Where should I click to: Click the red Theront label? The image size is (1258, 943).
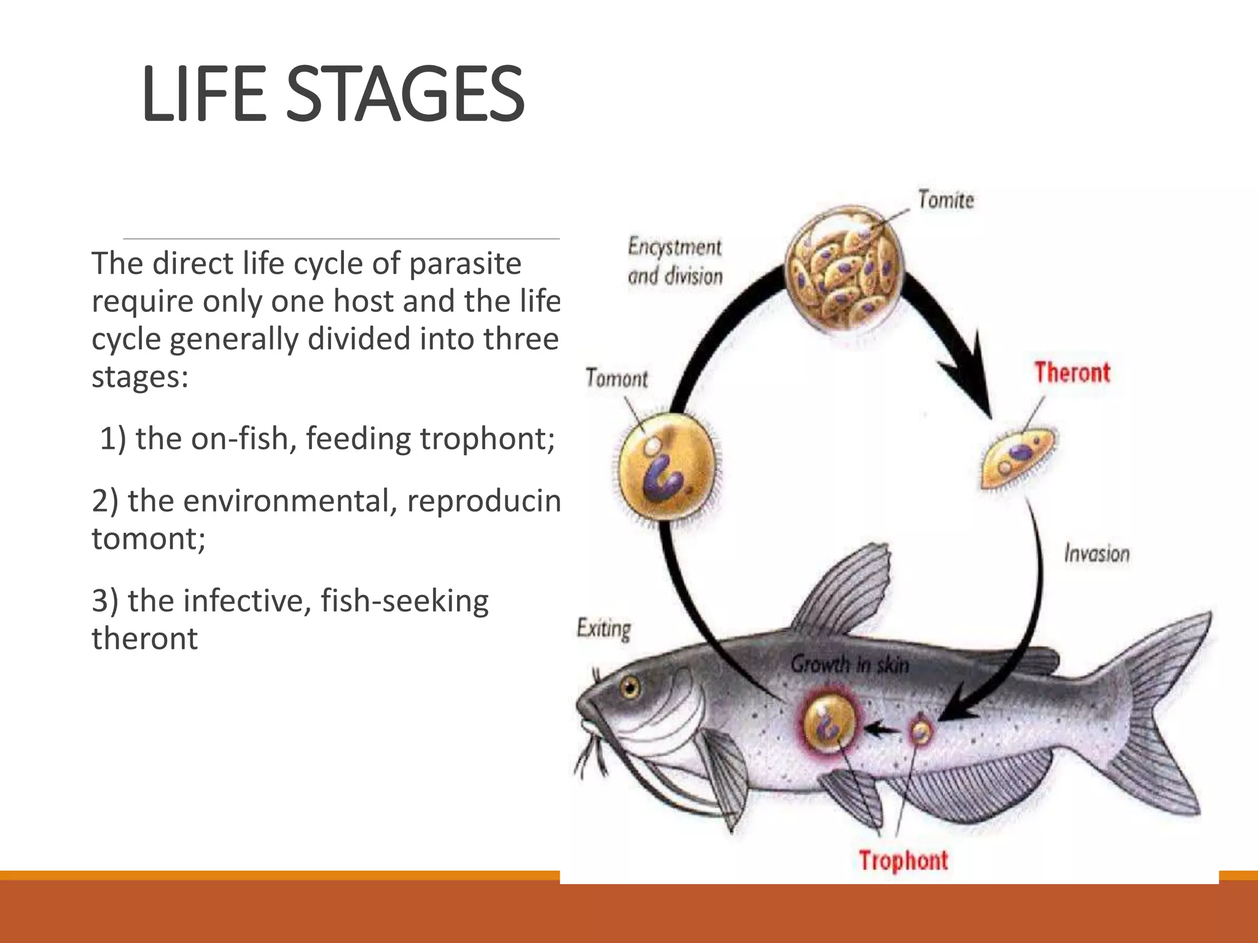coord(1072,373)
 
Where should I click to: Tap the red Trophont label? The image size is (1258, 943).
coord(903,860)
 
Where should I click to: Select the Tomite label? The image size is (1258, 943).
coord(945,200)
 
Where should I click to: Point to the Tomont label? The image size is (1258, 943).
coord(616,378)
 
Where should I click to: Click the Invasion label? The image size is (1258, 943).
coord(1096,554)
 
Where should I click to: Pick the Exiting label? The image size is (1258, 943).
coord(603,629)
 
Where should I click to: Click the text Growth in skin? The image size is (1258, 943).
coord(850,664)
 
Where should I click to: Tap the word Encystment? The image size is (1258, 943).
coord(674,247)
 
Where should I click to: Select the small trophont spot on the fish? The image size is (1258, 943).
coord(920,731)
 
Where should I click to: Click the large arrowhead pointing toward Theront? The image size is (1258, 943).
coord(971,381)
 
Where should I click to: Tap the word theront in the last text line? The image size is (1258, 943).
coord(145,638)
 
